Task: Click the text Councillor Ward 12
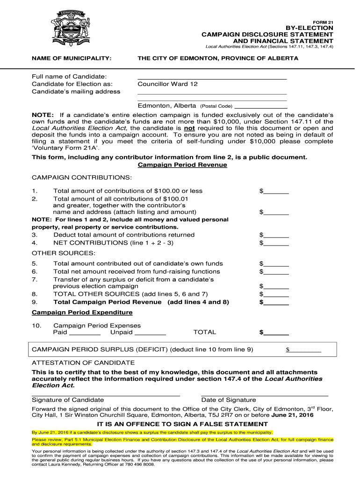coord(167,84)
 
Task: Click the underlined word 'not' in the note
coord(189,128)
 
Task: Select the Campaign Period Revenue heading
coord(183,165)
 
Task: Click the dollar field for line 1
coord(276,191)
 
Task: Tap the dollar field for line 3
coord(276,235)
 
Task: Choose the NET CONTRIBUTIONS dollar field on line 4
coord(276,243)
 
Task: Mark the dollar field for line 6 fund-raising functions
coord(276,272)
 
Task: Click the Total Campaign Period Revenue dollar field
coord(276,302)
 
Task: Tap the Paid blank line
coord(85,333)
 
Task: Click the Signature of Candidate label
coord(68,400)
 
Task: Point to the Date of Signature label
coord(229,400)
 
